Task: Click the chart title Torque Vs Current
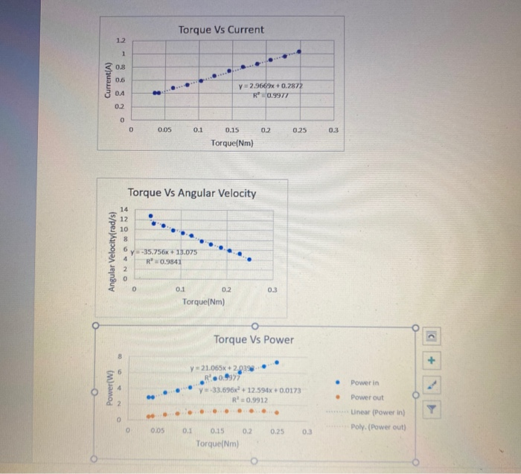click(221, 30)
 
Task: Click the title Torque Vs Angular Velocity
click(192, 193)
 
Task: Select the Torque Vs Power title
click(253, 340)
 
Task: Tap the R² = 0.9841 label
click(162, 261)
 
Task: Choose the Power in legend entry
click(365, 382)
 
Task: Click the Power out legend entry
click(366, 397)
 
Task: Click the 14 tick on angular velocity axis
click(124, 210)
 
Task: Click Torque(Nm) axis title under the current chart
click(232, 141)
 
